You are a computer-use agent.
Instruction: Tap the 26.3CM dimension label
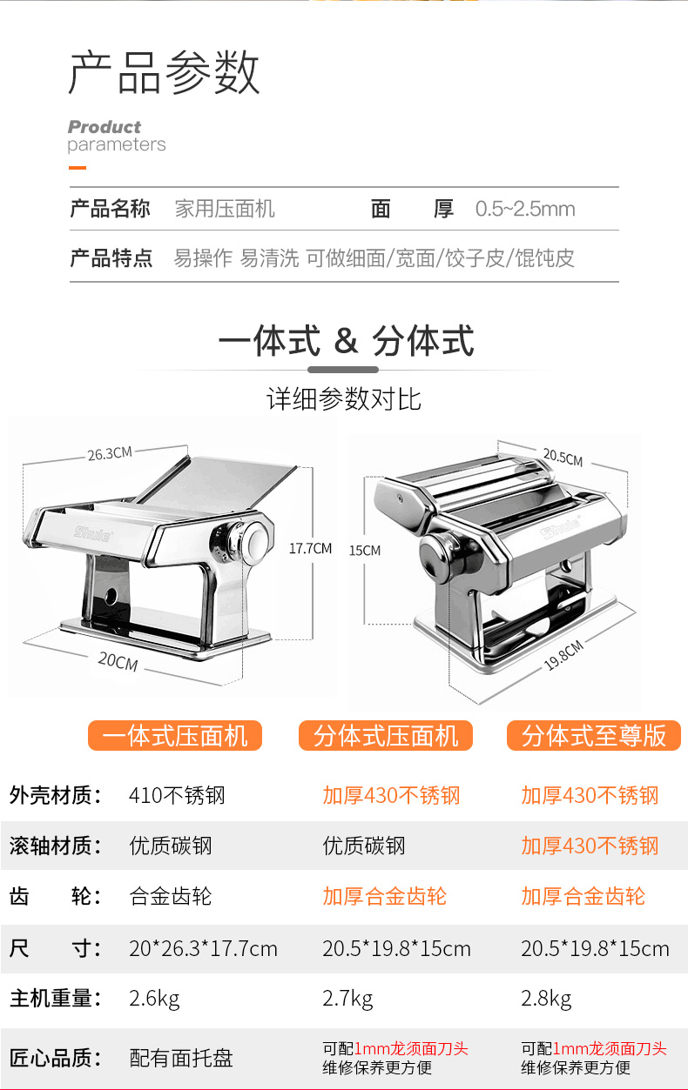coord(109,453)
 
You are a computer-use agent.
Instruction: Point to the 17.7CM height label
coord(311,548)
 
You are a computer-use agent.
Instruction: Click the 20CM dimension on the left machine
coord(118,661)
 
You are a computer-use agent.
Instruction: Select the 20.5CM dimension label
coord(563,457)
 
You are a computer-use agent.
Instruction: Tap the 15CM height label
coord(365,550)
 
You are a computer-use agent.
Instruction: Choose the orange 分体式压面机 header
coord(386,736)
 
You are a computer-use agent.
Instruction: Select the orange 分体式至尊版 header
coord(594,736)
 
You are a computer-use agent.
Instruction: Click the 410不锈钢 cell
coord(177,795)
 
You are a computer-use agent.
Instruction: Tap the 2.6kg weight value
coord(154,998)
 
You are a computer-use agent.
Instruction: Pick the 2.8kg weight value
coord(546,998)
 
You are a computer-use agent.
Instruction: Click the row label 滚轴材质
coord(55,846)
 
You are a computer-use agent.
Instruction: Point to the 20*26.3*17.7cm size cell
coord(203,948)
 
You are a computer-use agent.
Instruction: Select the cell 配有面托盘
coord(181,1058)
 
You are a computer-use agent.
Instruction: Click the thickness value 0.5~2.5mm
coord(525,209)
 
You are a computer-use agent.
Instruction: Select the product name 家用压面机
coord(225,209)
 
